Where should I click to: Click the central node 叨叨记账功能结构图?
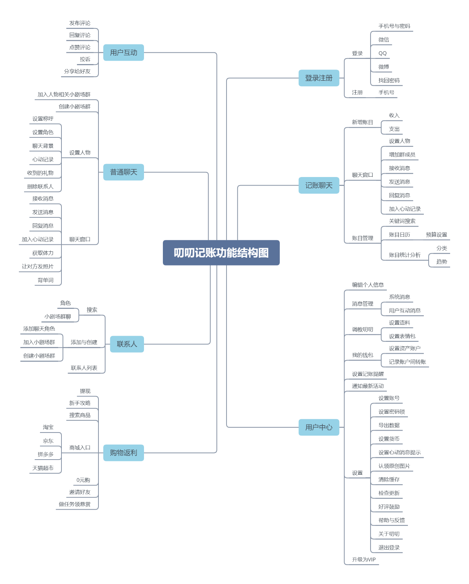(x=221, y=253)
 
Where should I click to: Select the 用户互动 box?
(x=123, y=53)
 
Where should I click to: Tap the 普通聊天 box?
(x=123, y=172)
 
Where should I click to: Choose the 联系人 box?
(x=127, y=344)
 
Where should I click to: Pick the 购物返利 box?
(x=123, y=453)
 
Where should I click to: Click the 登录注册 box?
(x=319, y=78)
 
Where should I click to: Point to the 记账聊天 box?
(x=319, y=186)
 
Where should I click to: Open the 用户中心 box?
(x=319, y=427)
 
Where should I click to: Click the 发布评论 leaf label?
(x=80, y=23)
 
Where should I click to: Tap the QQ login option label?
(x=382, y=53)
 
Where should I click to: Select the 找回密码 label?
(x=389, y=80)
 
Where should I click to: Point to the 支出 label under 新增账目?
(x=394, y=129)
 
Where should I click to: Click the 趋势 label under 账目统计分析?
(x=442, y=261)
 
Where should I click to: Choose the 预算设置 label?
(x=436, y=235)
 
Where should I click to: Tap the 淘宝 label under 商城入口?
(x=48, y=427)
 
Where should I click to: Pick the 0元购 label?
(x=83, y=480)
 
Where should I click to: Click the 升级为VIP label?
(x=364, y=560)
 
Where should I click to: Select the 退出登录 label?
(x=389, y=547)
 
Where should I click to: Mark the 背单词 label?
(x=46, y=280)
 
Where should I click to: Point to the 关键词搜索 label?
(x=402, y=221)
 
